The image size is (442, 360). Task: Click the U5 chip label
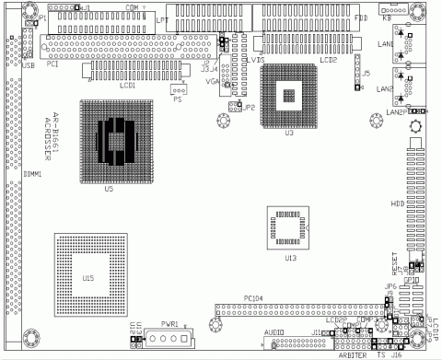pos(109,188)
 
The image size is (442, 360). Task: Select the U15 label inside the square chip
pos(88,277)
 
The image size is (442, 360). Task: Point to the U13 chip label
pos(290,258)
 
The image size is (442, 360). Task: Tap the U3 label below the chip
pos(288,133)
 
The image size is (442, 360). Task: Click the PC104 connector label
pos(254,297)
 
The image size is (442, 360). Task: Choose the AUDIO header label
pos(273,330)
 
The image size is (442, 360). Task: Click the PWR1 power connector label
pos(169,325)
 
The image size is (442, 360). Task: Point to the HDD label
pos(398,203)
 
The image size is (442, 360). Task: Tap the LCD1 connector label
pos(127,85)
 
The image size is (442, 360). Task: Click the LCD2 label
pos(328,60)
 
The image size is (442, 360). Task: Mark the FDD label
pos(362,17)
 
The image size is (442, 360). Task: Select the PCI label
pos(52,64)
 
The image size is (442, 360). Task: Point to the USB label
pos(29,66)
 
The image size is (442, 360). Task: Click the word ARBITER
pos(353,354)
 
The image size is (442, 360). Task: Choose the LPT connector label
pos(162,18)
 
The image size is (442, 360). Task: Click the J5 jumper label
pos(366,72)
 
